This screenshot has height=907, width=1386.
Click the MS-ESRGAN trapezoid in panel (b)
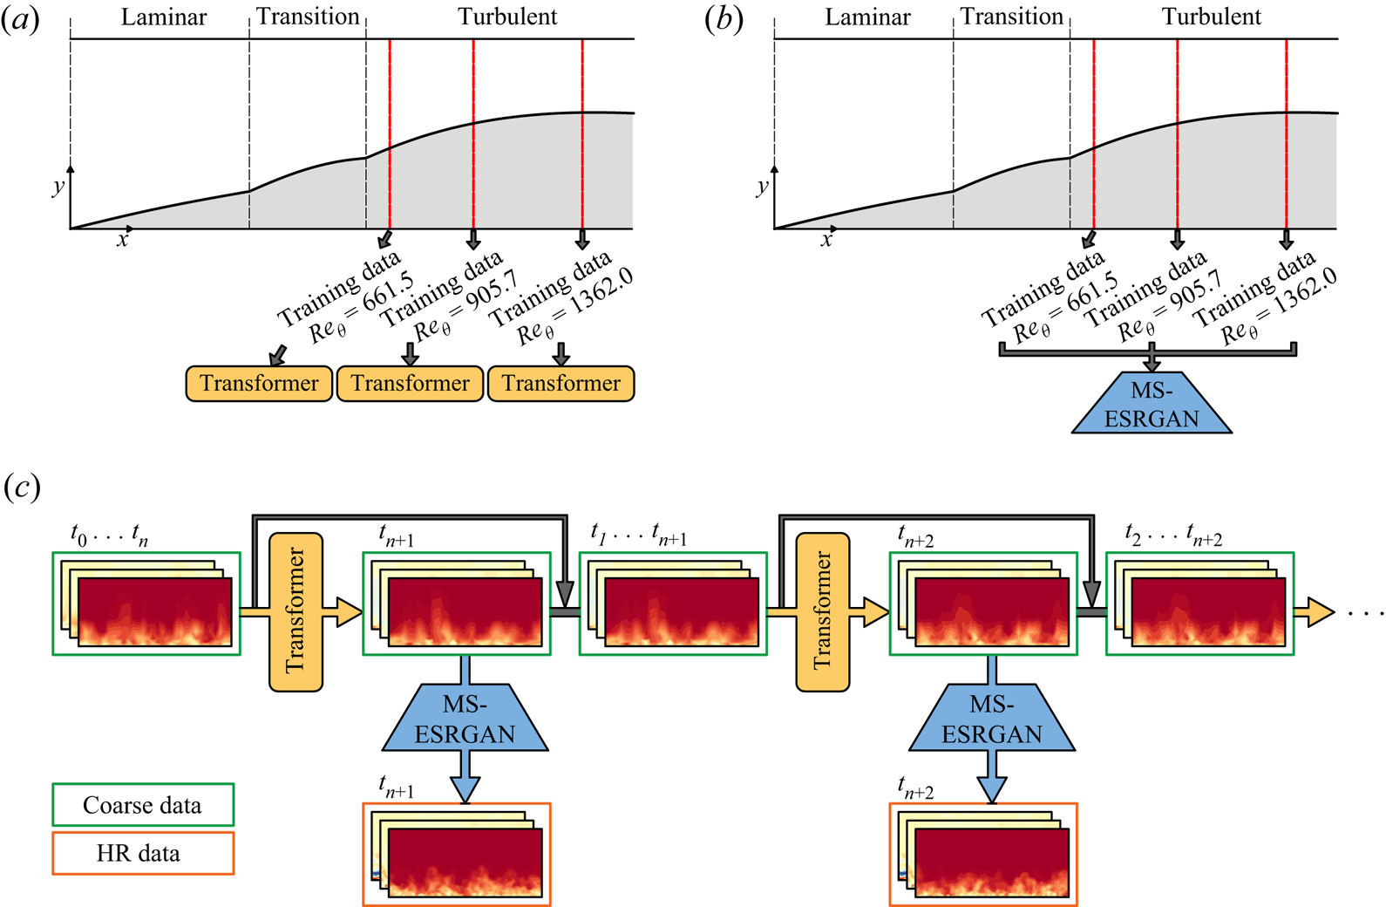1152,405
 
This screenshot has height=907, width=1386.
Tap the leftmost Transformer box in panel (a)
259,384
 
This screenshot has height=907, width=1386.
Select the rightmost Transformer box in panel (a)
561,384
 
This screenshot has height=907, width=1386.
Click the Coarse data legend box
143,805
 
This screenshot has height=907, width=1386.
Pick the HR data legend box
143,853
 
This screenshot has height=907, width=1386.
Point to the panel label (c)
22,488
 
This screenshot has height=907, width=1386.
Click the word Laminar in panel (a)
163,17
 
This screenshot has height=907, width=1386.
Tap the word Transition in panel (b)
1011,17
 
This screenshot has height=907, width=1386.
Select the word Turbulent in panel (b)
1211,17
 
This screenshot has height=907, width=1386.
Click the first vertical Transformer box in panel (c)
296,611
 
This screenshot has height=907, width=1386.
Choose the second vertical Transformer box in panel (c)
822,611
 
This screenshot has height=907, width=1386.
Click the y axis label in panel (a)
58,186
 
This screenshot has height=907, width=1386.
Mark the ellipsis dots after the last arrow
1365,613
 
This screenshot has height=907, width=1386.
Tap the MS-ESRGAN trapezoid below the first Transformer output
465,719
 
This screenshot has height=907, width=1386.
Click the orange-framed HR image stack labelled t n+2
983,855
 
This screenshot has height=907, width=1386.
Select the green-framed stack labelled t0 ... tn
146,604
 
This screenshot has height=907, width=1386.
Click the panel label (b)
724,20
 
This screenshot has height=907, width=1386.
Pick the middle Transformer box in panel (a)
410,384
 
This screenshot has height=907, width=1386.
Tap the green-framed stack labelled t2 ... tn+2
1199,604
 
